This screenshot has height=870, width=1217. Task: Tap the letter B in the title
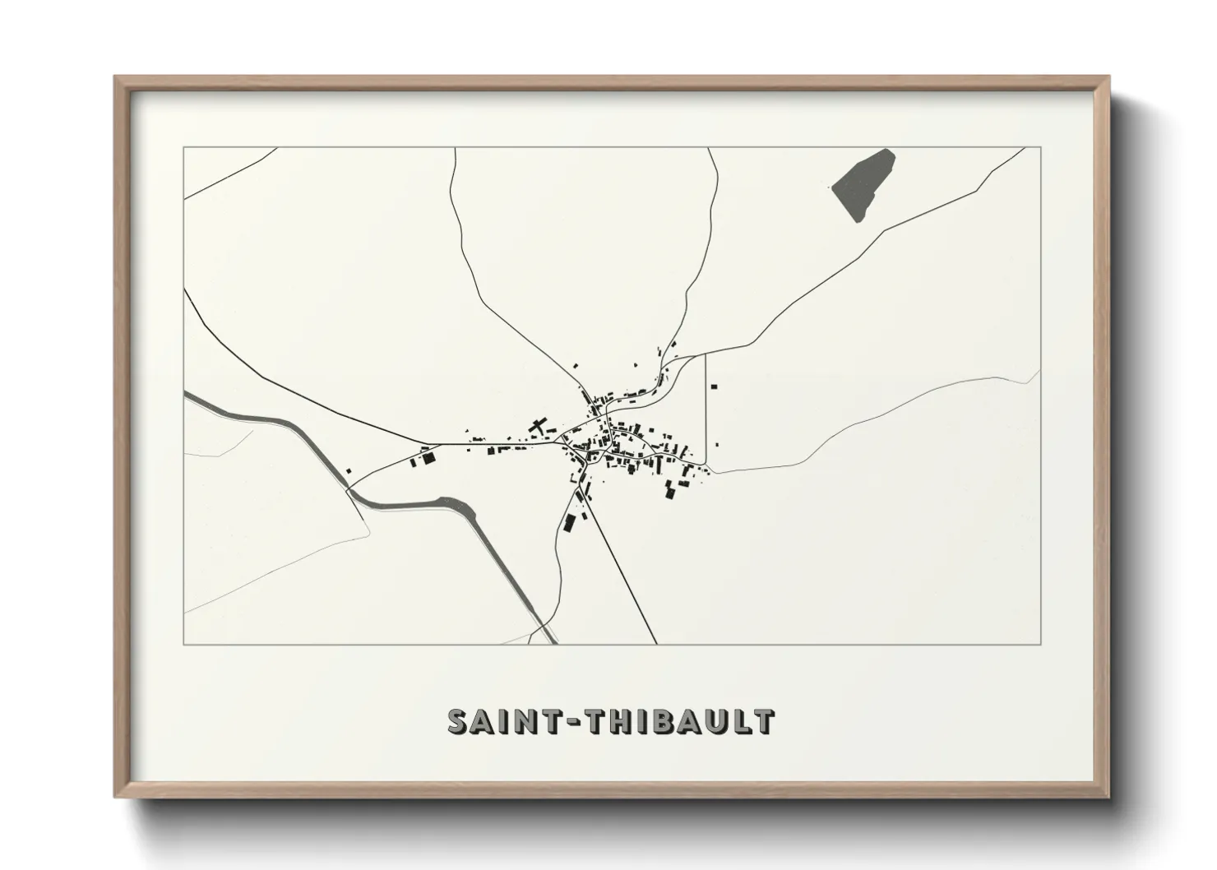(x=664, y=721)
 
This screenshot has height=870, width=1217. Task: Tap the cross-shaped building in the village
(x=539, y=428)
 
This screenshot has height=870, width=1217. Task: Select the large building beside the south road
(x=569, y=521)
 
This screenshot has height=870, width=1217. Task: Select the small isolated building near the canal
(x=348, y=471)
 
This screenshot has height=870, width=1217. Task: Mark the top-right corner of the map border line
(x=1040, y=147)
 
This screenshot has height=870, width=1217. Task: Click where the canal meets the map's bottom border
(x=548, y=644)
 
